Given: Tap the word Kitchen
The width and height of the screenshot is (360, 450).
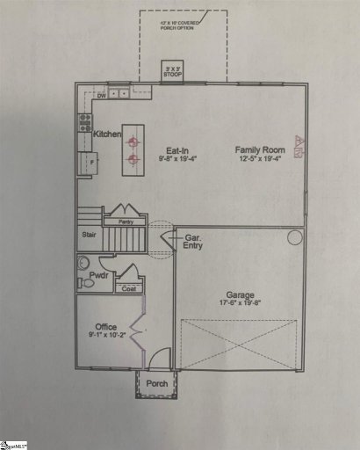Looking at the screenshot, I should point(106,134).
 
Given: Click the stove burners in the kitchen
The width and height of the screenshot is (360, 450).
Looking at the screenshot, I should point(85,123).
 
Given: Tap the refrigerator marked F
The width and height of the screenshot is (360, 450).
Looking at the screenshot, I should point(88,163).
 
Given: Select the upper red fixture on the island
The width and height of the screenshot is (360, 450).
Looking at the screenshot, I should point(133,142).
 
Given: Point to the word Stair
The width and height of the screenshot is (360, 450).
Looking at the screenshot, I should point(88,235).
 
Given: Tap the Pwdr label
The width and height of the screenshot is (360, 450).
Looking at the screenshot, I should point(97,276).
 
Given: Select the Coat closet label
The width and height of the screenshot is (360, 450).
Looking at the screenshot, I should point(128,287).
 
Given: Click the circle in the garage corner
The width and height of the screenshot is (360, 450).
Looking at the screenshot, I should point(294,237).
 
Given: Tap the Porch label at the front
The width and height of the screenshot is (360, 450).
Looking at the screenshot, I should point(158,383).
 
